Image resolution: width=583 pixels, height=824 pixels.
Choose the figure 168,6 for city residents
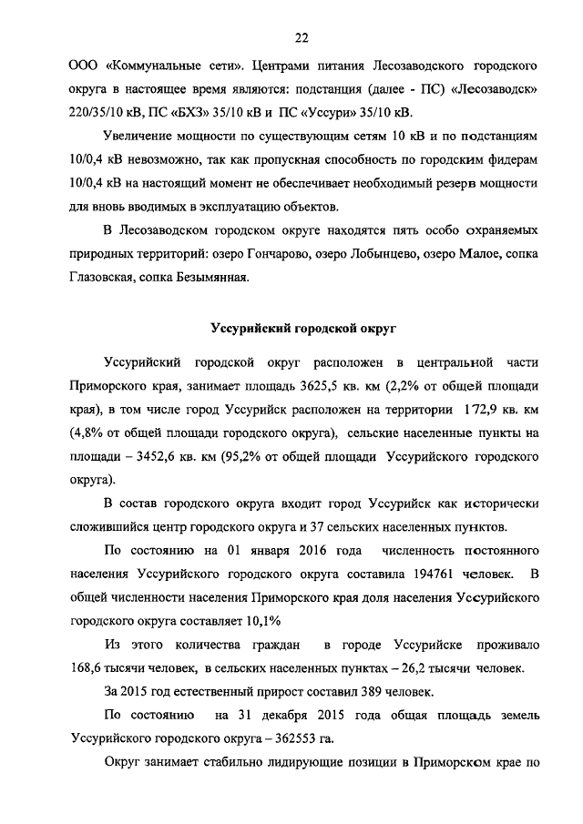[88, 669]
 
